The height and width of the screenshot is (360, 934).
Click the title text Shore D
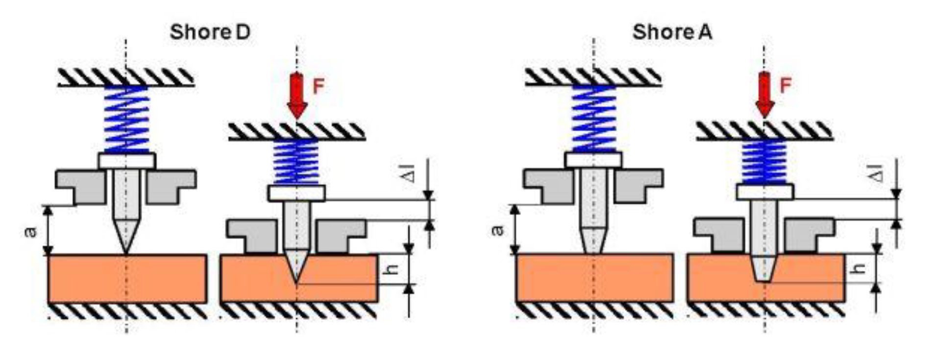(x=210, y=32)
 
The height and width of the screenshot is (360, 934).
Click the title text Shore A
(x=672, y=32)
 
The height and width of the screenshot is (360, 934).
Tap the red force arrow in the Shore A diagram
(x=764, y=95)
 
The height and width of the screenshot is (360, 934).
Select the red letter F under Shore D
(x=319, y=87)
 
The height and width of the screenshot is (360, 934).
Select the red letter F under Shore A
(x=786, y=86)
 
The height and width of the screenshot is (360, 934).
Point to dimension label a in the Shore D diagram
(x=30, y=230)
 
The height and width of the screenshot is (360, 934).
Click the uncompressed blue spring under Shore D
(x=126, y=120)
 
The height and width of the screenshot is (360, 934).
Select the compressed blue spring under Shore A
(x=764, y=162)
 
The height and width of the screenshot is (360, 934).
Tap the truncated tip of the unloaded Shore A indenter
(x=593, y=250)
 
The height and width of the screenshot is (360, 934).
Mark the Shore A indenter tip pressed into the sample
(x=763, y=278)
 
